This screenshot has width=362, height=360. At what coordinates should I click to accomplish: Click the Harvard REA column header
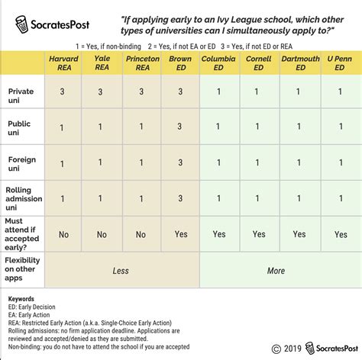(63, 63)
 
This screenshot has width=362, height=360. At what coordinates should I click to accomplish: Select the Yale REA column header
(102, 63)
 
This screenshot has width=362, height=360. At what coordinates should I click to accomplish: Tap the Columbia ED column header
(219, 63)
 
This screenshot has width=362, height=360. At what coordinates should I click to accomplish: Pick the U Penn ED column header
(338, 63)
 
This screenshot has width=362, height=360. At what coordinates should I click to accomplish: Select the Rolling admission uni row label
(24, 198)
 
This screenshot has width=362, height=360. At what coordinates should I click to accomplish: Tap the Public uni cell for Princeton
(141, 127)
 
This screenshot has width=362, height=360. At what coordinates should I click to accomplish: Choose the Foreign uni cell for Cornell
(259, 163)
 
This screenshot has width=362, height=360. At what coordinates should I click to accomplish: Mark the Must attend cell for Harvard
(63, 235)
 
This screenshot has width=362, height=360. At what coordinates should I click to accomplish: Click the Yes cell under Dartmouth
(299, 235)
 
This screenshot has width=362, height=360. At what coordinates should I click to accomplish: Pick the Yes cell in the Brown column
(180, 235)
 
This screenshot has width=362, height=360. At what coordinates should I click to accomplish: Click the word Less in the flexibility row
(121, 271)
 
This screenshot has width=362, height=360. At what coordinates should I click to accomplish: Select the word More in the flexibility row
(276, 271)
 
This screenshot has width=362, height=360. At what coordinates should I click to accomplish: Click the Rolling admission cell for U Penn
(338, 198)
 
